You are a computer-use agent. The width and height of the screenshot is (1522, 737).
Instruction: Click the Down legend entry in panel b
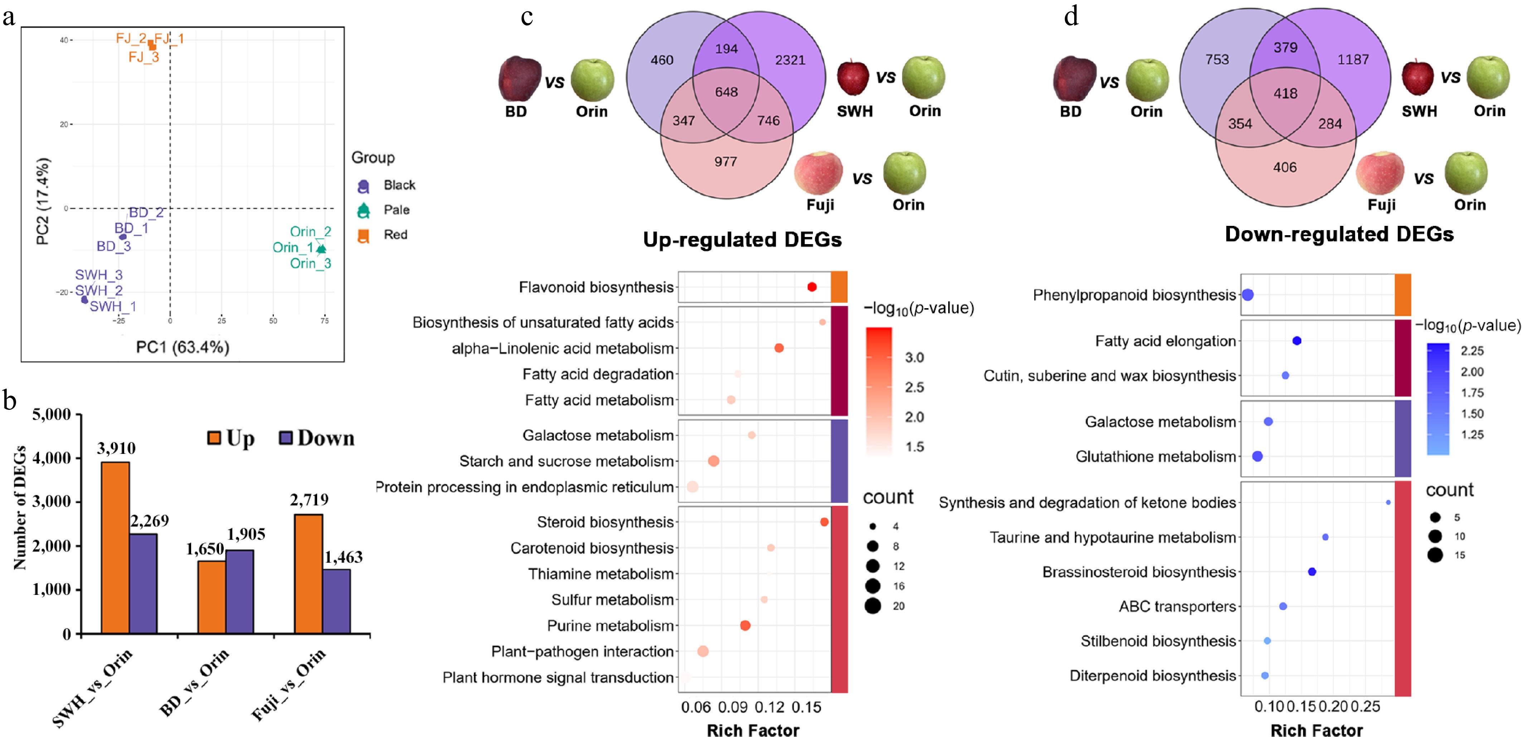[x=317, y=438]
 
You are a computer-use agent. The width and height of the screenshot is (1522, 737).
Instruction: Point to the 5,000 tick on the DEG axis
[x=52, y=414]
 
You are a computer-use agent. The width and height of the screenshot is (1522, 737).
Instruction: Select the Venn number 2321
[x=790, y=60]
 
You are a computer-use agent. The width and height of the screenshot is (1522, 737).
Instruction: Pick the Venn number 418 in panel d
[x=1285, y=93]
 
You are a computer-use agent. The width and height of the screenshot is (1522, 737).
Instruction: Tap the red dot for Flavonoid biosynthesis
[x=812, y=287]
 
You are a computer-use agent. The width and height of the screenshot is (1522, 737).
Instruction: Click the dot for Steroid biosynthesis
[x=824, y=522]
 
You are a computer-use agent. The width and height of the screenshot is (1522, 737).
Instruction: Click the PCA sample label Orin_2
[x=310, y=232]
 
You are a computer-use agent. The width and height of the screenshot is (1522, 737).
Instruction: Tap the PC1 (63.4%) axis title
[x=183, y=347]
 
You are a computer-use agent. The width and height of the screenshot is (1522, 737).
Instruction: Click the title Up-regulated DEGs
[x=742, y=239]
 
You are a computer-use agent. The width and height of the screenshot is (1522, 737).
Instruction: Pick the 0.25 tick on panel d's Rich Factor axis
[x=1366, y=706]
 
